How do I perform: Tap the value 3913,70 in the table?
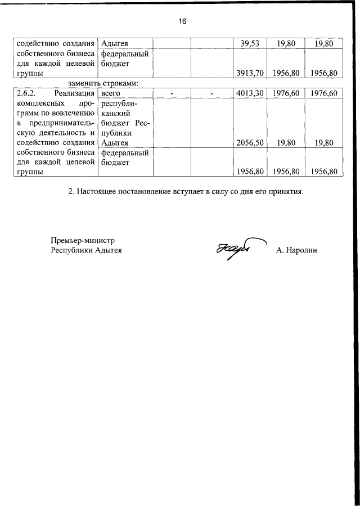[x=249, y=73]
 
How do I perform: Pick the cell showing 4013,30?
[x=249, y=93]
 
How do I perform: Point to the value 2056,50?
[x=249, y=143]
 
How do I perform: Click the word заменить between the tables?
[x=87, y=83]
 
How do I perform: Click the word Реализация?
[x=74, y=93]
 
